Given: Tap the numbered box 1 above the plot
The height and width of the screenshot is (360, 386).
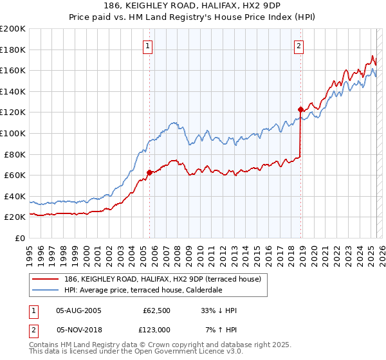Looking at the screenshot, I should click(x=149, y=46).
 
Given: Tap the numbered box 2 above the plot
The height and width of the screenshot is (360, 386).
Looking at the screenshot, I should click(x=300, y=46).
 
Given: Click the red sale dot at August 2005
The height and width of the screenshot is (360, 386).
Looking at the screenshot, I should click(x=149, y=172).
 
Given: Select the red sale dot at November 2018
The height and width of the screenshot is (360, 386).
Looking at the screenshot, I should click(x=300, y=109).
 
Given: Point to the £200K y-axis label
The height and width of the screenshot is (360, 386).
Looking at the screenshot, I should click(x=13, y=29).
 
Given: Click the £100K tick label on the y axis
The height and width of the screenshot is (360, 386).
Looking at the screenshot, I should click(x=13, y=133).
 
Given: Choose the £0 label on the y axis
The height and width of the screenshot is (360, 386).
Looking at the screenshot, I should click(x=19, y=238).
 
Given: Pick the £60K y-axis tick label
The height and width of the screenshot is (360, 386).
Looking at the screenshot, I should click(x=15, y=175).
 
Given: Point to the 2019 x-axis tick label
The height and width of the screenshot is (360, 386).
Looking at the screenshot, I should click(x=303, y=253).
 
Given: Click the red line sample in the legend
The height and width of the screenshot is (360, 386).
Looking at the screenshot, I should click(x=46, y=279).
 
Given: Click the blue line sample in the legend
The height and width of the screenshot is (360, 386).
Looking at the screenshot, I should click(x=46, y=290).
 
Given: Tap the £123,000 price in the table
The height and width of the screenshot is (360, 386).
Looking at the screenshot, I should click(x=156, y=330).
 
